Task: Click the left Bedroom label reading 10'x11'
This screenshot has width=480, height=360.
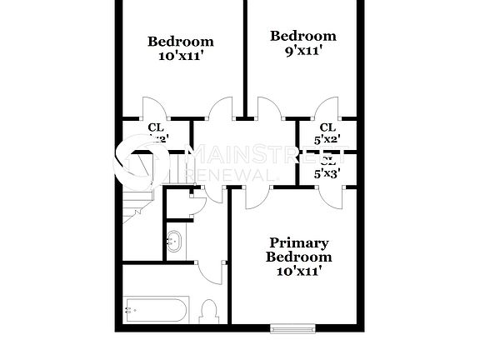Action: tap(181, 48)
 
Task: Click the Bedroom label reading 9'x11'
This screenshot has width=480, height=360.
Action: tap(303, 42)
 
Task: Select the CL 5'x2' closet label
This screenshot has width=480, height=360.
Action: tap(327, 133)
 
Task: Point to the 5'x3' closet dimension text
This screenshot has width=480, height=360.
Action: tap(327, 173)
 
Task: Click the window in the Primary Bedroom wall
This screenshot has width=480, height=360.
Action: tap(293, 327)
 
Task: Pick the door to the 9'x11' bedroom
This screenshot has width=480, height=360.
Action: tap(269, 108)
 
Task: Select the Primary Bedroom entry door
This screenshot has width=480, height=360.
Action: tap(259, 197)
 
